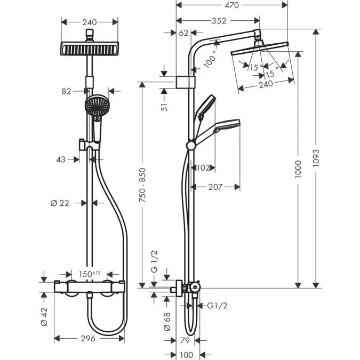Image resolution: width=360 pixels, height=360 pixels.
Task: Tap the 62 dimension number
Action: tap(184, 34)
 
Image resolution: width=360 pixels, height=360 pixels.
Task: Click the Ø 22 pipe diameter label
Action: tap(61, 203)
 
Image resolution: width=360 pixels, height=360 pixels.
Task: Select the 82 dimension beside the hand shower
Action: tap(66, 91)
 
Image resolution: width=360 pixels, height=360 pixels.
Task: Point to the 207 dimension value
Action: tap(215, 187)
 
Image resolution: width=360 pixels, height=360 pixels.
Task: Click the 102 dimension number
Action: tap(203, 167)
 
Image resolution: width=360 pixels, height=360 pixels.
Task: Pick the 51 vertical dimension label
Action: tap(165, 106)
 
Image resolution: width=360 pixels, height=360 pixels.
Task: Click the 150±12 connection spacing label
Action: tap(90, 274)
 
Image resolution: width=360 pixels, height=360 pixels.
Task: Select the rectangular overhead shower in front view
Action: tap(90, 49)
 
